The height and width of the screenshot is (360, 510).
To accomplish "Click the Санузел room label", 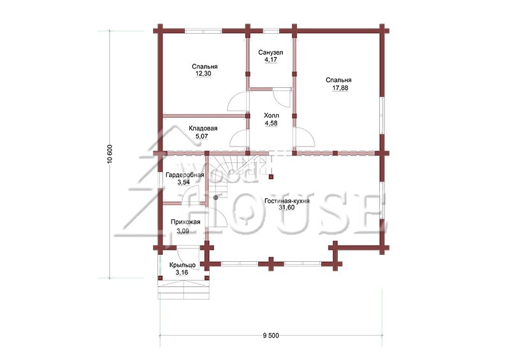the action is (x=270, y=52).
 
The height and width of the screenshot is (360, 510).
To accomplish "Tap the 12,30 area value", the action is (x=203, y=74).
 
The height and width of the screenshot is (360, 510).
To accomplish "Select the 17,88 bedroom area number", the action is (x=340, y=88).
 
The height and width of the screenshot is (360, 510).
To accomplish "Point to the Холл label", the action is (x=272, y=116).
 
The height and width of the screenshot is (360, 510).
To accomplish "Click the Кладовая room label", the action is (x=203, y=129).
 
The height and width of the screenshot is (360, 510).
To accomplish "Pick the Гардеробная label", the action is (x=185, y=175).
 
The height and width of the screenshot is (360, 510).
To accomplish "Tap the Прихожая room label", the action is (x=186, y=222).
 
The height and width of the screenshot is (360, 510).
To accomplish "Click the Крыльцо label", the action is (x=182, y=265).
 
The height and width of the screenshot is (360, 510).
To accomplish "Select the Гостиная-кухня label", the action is (x=287, y=201).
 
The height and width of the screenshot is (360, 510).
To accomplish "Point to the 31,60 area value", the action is (x=286, y=208).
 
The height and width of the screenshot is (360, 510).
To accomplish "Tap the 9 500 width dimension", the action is (x=271, y=336).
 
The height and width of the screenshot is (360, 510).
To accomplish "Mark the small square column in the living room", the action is (x=271, y=177).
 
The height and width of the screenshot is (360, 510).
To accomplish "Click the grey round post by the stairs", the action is (x=215, y=198).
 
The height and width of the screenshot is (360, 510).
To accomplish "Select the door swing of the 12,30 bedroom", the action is (x=238, y=101).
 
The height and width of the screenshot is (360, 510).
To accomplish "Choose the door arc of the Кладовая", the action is (x=239, y=138).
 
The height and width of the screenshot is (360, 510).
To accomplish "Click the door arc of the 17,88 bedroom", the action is (x=305, y=138).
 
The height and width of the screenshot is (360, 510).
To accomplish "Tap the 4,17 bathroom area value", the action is (x=270, y=60).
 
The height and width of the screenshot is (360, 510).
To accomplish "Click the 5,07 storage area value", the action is (x=201, y=136).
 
